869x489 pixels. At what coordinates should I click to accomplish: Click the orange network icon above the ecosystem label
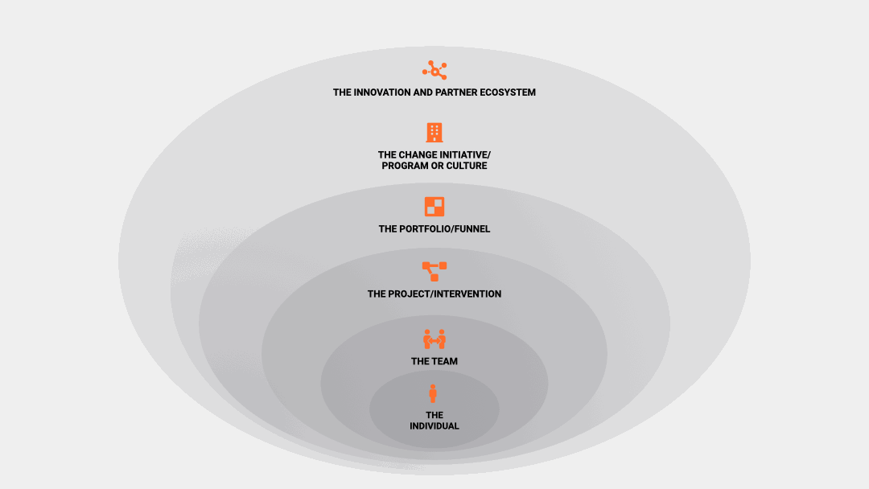coord(434,70)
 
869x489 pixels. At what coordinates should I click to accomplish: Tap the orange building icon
coord(434,133)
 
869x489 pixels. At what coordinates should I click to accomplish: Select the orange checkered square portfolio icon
coord(434,207)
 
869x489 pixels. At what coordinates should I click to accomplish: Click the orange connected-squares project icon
coord(434,271)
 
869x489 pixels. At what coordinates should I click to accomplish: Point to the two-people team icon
coord(434,339)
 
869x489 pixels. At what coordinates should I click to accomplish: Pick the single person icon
coord(433,394)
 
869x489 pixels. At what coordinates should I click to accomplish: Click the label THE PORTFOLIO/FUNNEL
coord(434,229)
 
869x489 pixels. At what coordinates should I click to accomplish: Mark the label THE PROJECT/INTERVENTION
coord(434,294)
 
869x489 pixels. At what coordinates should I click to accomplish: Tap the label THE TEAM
coord(434,362)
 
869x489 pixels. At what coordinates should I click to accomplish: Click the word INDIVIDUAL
coord(434,426)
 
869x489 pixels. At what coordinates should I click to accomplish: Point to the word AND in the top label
coord(423,92)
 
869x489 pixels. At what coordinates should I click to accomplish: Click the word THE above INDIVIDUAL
coord(434,415)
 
